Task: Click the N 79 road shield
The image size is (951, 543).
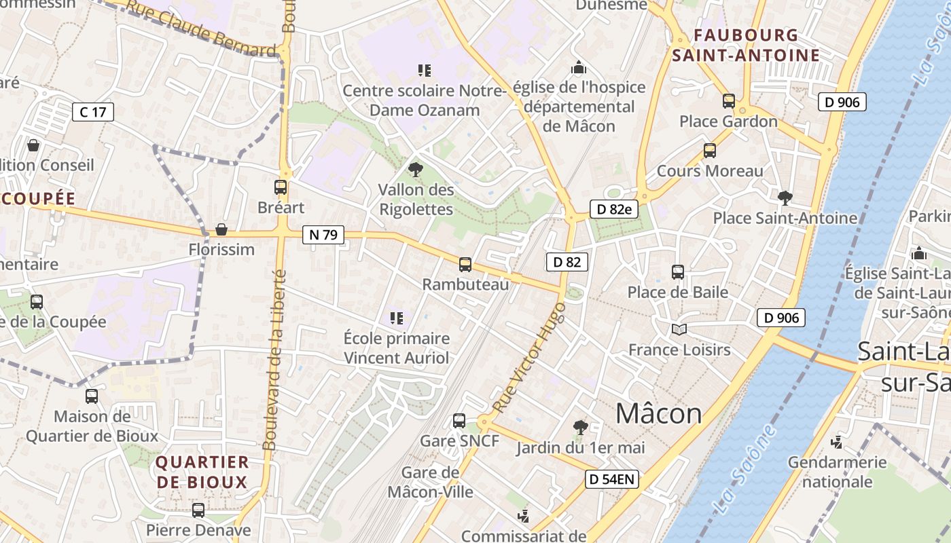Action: (x=323, y=236)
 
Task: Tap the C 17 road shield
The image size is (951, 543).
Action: (x=92, y=112)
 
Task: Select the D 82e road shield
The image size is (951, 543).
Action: (x=615, y=209)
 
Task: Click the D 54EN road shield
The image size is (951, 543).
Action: (x=612, y=479)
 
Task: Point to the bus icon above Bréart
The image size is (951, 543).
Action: (x=281, y=187)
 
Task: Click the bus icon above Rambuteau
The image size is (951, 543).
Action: (x=465, y=265)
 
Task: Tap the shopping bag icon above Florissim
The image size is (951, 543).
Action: (x=221, y=229)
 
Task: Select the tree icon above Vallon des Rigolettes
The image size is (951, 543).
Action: (x=415, y=169)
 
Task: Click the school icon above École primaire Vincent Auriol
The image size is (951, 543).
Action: (x=397, y=318)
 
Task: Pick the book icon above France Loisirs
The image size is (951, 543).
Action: (x=679, y=330)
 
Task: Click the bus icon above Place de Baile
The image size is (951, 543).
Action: (x=677, y=272)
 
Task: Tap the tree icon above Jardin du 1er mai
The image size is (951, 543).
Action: (x=580, y=427)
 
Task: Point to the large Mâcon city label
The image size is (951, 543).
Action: (x=658, y=413)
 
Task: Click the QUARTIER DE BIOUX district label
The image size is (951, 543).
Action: (x=202, y=472)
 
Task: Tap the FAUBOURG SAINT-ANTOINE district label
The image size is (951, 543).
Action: (x=746, y=45)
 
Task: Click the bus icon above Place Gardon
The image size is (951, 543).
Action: (x=729, y=101)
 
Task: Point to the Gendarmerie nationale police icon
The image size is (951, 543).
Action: (x=837, y=443)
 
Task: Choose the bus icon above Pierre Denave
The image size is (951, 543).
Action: (x=198, y=510)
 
